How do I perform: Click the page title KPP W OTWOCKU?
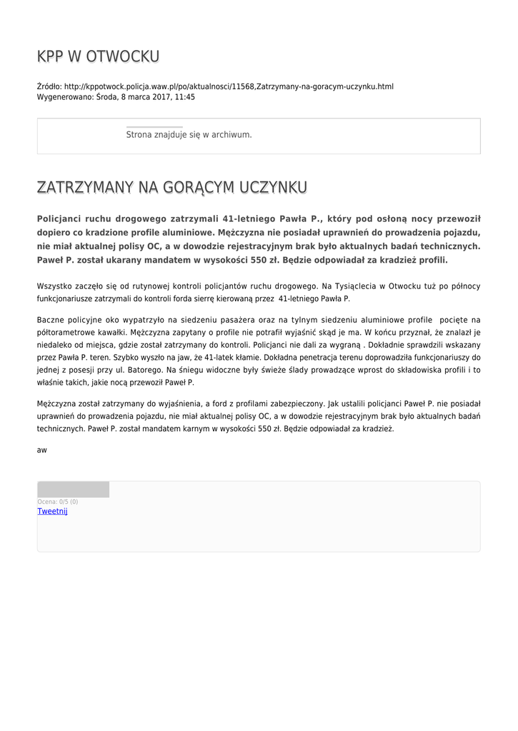coord(98,56)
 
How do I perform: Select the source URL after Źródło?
coord(229,86)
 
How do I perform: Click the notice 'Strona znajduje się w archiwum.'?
coord(189,134)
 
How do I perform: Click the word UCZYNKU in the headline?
coord(274,187)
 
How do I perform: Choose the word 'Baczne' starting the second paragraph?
coord(51,320)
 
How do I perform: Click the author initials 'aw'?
coord(42,450)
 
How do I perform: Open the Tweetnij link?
coord(52,511)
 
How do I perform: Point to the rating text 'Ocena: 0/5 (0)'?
coord(58,502)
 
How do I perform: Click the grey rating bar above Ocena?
coord(73,490)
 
